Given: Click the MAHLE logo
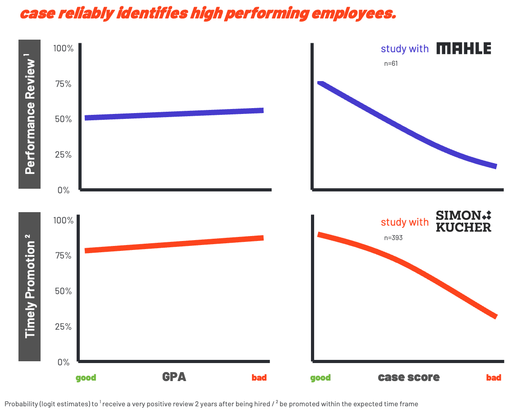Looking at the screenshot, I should (x=464, y=48).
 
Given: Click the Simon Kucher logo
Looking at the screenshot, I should (x=464, y=221).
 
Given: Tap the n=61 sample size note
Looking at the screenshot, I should (x=391, y=64).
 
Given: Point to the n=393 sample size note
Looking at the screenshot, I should (x=393, y=237).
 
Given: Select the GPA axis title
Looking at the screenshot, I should (x=174, y=377).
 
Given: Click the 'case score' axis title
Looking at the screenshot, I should (x=409, y=377).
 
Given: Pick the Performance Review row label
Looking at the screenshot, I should (x=30, y=114).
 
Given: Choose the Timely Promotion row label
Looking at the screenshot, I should (x=30, y=287).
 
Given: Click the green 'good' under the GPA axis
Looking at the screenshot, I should (x=86, y=377).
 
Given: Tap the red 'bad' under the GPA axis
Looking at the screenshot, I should (x=259, y=377).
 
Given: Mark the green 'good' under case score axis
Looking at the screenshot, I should (x=320, y=377).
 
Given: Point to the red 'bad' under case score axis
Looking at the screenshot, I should (x=494, y=377).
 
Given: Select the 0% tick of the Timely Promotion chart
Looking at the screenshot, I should (x=63, y=362).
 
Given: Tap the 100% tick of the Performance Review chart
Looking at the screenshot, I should (x=63, y=48).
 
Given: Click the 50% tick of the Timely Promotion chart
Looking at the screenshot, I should (x=63, y=291).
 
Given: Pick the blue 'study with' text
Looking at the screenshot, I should (x=405, y=49).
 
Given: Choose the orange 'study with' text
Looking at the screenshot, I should (x=405, y=222).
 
